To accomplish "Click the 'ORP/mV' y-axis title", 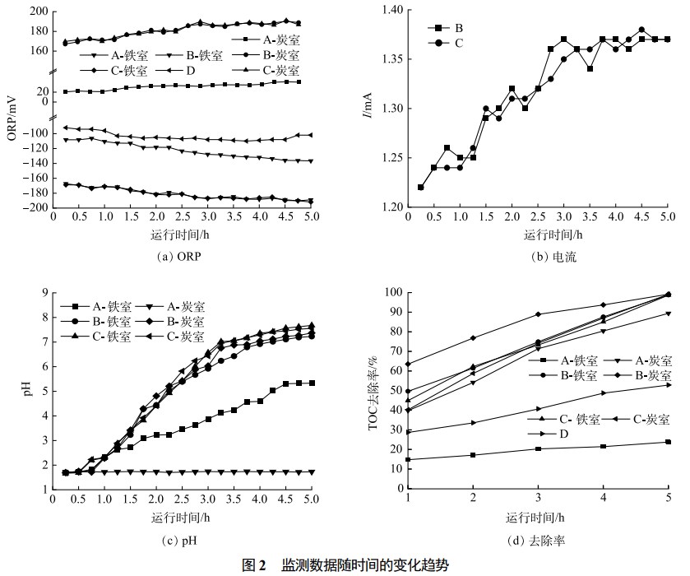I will click(x=12, y=118).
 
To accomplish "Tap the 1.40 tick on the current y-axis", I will click(x=396, y=10).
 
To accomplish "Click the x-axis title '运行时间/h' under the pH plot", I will click(x=178, y=518).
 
